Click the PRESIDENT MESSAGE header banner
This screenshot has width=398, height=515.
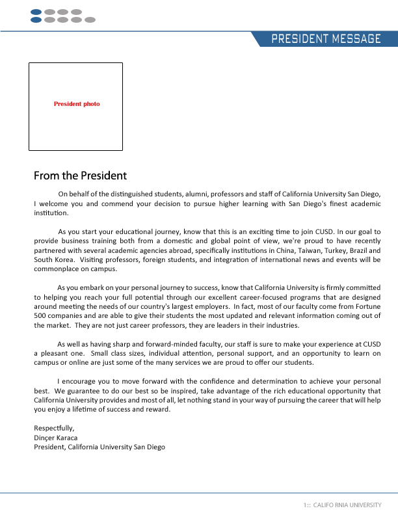[326, 39]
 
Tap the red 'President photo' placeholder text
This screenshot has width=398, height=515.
[77, 104]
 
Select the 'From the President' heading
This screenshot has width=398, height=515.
[80, 176]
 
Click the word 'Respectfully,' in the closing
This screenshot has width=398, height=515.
[54, 428]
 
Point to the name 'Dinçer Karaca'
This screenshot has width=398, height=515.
[55, 438]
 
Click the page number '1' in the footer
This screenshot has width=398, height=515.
[304, 505]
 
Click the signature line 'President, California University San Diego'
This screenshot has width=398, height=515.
[99, 447]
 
